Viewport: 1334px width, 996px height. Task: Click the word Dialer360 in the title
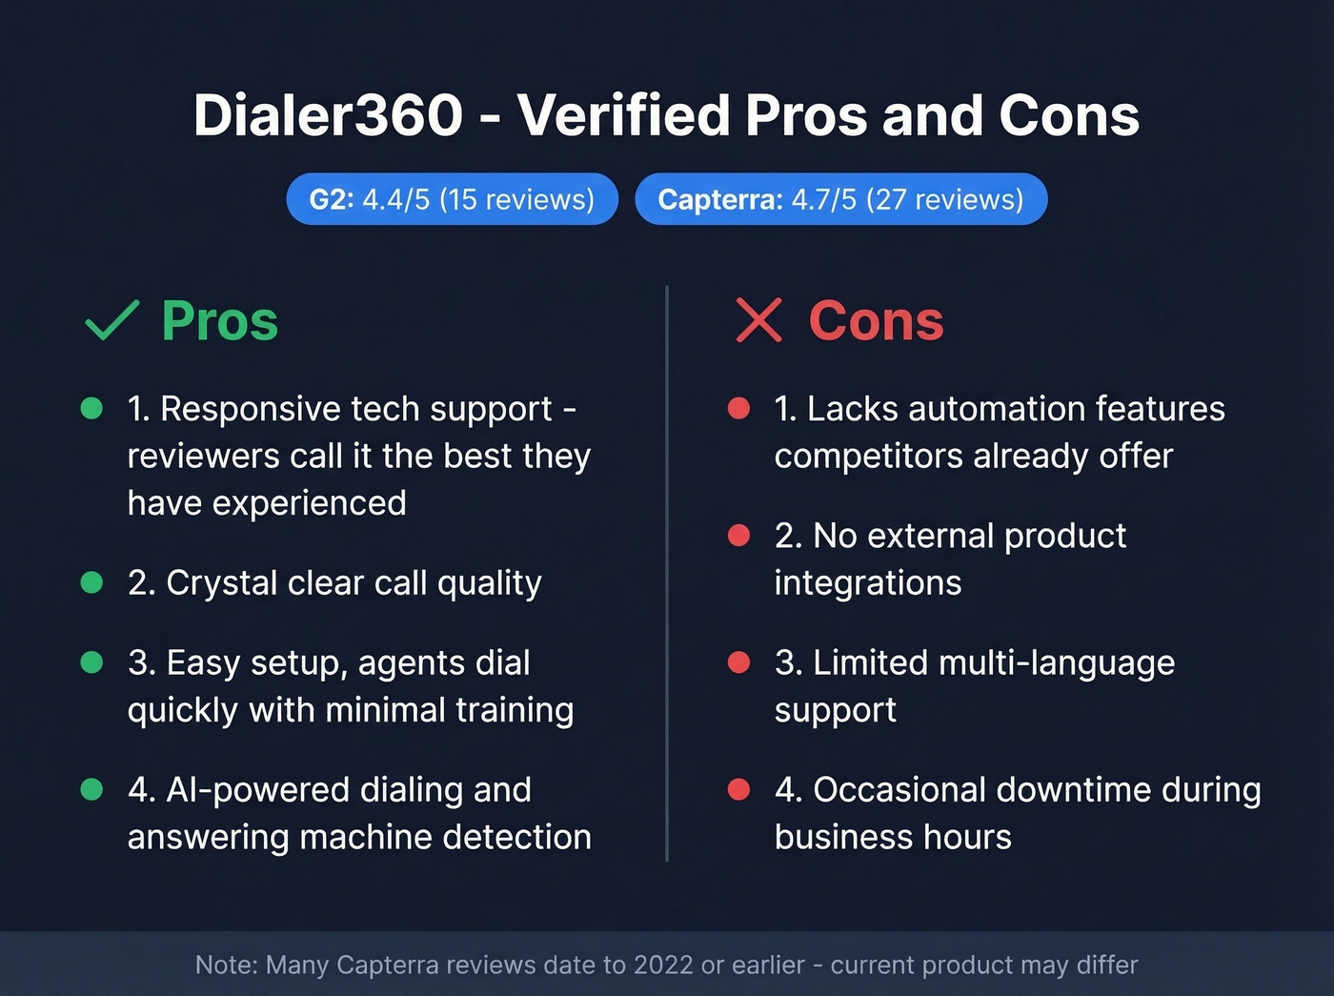[328, 115]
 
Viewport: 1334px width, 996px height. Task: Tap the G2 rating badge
[452, 199]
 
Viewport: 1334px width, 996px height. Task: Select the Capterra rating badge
[840, 199]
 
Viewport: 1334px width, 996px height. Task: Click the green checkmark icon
[112, 320]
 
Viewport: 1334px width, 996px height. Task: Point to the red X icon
[758, 320]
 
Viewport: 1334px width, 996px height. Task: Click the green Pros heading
[220, 321]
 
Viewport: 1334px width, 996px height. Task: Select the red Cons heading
[876, 321]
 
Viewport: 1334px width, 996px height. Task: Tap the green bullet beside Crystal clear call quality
[91, 582]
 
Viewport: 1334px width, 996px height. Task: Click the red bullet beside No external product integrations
[738, 536]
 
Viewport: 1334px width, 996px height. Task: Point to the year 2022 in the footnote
[663, 965]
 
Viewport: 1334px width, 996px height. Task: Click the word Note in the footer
[226, 965]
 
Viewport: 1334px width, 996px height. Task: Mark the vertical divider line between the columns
[667, 572]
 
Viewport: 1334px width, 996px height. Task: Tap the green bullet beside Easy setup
[91, 662]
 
